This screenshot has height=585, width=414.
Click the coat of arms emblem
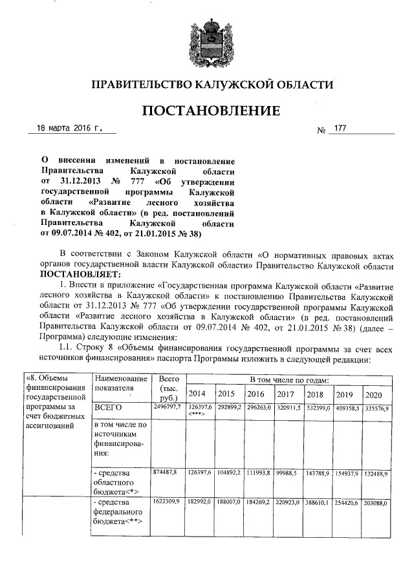point(207,43)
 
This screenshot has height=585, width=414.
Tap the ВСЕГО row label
point(108,409)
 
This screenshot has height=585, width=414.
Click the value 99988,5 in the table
point(286,474)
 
